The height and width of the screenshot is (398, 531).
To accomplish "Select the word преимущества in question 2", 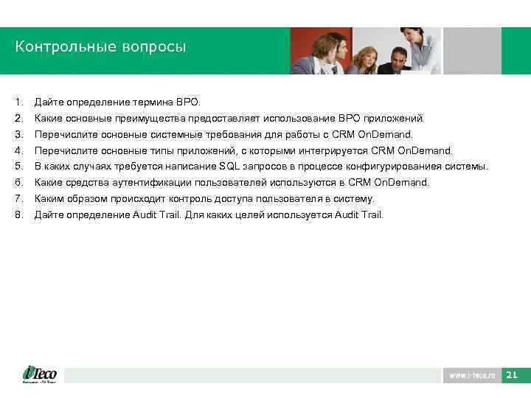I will [x=152, y=118].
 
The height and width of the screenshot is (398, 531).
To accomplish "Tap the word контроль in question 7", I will [x=188, y=199].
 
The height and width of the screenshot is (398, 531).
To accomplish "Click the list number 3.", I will [x=19, y=135].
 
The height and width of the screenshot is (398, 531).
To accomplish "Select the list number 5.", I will [x=19, y=167].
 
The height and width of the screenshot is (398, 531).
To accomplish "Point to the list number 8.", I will [x=19, y=215].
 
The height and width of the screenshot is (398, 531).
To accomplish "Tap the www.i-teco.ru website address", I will [x=471, y=376].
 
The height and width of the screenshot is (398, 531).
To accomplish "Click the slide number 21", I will [x=512, y=376].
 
